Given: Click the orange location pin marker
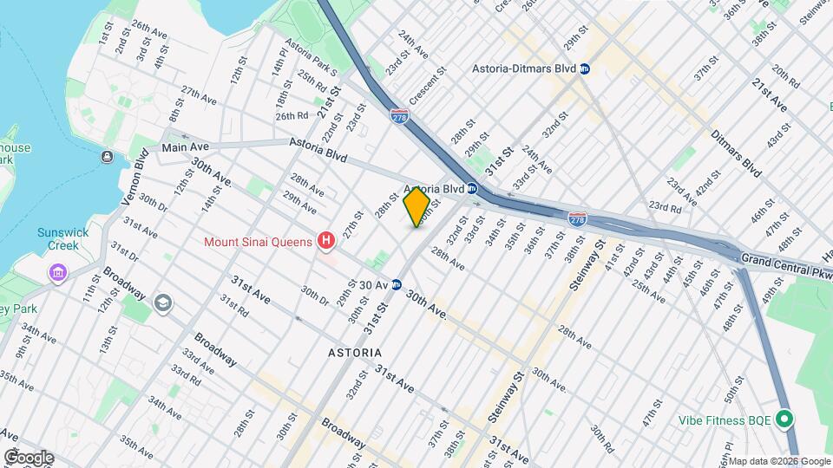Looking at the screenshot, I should pos(416,208).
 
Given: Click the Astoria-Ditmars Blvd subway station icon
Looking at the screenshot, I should pos(585,68).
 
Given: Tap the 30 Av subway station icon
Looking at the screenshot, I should pos(396,284).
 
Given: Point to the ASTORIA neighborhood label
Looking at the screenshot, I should pos(354,353).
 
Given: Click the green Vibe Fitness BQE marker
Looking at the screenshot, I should pos(784,419).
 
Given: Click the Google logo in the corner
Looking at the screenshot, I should pos(29,458).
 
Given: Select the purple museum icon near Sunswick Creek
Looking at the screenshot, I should pos(58,274).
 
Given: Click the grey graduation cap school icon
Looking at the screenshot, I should pos(162,302).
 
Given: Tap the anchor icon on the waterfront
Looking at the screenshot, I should pos(106,157).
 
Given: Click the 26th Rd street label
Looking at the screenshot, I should pos(292,116).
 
